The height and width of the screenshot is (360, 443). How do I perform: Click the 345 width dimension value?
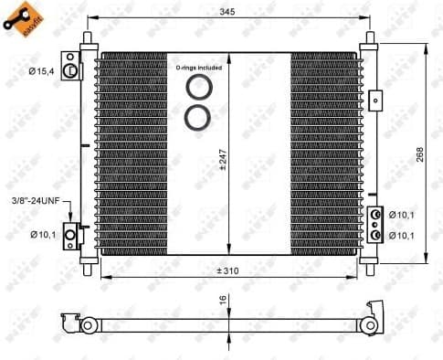[x=227, y=11]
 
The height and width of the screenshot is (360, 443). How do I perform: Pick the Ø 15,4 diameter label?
[x=40, y=70]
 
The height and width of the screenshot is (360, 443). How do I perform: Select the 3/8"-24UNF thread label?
[x=36, y=199]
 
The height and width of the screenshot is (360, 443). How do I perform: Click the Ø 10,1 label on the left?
[x=42, y=235]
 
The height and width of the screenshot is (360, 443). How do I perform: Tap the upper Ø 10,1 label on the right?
[x=403, y=216]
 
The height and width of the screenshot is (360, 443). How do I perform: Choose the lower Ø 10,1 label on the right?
[x=403, y=236]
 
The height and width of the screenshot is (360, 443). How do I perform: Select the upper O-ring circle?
[x=196, y=88]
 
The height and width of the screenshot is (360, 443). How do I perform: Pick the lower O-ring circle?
[x=196, y=116]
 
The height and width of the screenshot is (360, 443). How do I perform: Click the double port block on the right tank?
[x=374, y=225]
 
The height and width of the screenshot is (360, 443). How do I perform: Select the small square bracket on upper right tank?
[x=374, y=98]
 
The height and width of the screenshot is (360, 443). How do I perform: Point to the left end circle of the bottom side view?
[x=88, y=325]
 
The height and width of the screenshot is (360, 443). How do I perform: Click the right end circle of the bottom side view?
[x=371, y=323]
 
